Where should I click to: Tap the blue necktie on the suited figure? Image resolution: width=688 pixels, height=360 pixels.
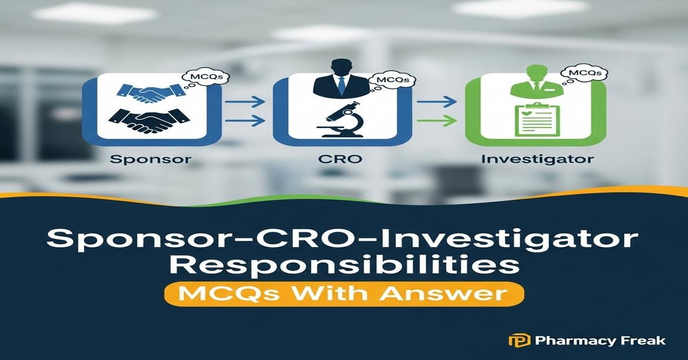coord(342,85)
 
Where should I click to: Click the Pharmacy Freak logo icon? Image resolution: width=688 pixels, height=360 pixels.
coord(515,341)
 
